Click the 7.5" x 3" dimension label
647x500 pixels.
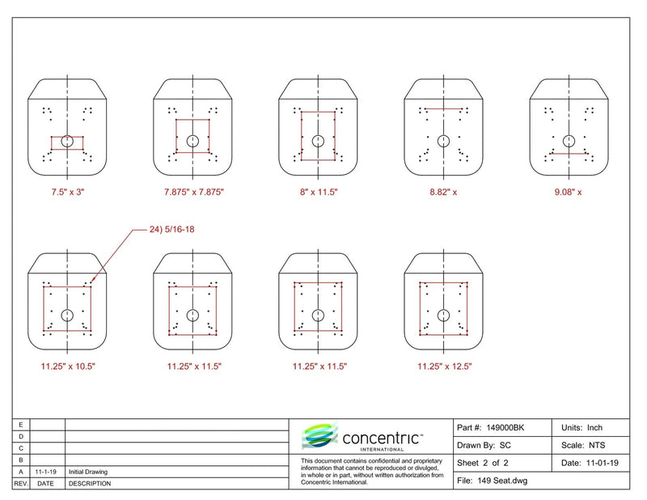(68, 192)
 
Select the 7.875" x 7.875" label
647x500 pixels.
(194, 192)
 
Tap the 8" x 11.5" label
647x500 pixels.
(319, 192)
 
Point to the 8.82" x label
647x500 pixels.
(443, 192)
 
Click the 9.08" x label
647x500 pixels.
(569, 192)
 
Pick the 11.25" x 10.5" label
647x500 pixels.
(68, 367)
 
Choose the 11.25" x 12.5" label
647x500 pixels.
(444, 367)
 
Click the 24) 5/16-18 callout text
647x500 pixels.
(171, 229)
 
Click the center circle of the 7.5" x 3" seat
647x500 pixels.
(67, 142)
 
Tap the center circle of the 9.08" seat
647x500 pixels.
(569, 142)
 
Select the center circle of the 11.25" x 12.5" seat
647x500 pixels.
(443, 316)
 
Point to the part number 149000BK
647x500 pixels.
(505, 428)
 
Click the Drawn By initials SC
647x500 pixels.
(505, 446)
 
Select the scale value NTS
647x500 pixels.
(597, 446)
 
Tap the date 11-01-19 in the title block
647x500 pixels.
(602, 464)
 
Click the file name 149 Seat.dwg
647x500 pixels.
(502, 481)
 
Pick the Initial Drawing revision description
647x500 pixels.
(88, 472)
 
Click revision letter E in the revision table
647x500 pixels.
(21, 425)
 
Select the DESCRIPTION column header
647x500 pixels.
(90, 484)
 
